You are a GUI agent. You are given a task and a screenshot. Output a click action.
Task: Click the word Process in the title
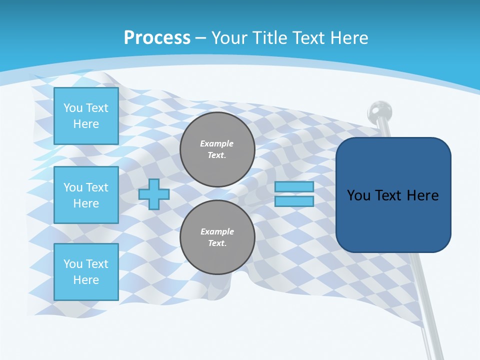[x=157, y=37]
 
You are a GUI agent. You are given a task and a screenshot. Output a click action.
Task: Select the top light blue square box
[x=86, y=116]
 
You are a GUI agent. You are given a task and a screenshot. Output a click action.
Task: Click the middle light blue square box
[x=86, y=195]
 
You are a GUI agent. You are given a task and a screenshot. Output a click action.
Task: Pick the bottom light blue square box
[x=86, y=272]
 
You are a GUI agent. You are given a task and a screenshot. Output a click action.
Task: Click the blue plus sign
[x=154, y=194]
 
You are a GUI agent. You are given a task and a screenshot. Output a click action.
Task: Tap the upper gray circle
[x=217, y=149]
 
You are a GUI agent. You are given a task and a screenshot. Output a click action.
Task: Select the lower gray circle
[x=217, y=237]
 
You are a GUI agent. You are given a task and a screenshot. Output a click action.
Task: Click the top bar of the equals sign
[x=294, y=187]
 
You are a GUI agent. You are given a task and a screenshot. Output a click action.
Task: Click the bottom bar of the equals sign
[x=294, y=201]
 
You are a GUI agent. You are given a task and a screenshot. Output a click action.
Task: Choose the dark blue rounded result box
[x=393, y=195]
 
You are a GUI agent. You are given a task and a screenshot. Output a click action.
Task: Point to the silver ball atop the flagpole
[x=379, y=110]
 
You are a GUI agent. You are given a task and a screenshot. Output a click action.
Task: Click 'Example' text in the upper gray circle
[x=217, y=143]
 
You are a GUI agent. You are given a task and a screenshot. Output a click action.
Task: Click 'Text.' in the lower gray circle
[x=217, y=243]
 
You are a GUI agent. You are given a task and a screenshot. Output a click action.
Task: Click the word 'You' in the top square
[x=72, y=108]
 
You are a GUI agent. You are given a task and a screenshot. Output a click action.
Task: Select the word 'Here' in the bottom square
[x=86, y=280]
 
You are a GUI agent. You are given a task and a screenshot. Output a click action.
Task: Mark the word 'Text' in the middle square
[x=97, y=187]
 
